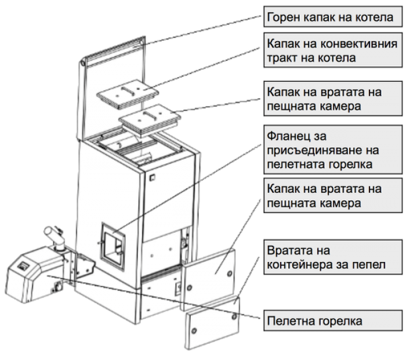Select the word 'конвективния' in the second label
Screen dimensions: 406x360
pyautogui.click(x=359, y=44)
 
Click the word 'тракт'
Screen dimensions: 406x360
pyautogui.click(x=282, y=58)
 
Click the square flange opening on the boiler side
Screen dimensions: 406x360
pyautogui.click(x=113, y=246)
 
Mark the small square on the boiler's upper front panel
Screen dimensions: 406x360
pyautogui.click(x=152, y=177)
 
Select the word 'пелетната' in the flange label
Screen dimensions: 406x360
pyautogui.click(x=295, y=164)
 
